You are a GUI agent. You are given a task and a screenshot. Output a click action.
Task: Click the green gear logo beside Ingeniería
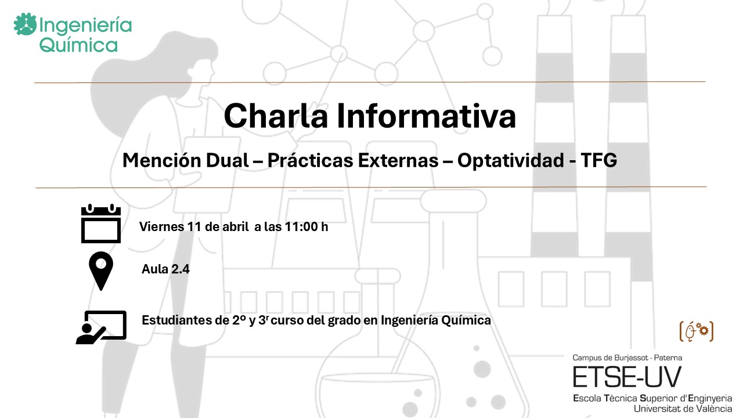pos(25,24)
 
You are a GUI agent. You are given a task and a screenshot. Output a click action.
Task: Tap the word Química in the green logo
pos(78,45)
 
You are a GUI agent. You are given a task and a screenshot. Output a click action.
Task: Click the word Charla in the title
pos(276,116)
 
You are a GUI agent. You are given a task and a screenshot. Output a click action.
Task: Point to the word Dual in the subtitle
pos(227,161)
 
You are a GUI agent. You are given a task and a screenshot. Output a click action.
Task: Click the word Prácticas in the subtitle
pos(311,161)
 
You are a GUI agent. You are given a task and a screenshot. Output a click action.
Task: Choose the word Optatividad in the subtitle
pos(511,161)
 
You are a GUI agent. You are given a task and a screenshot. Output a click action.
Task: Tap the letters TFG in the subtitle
pos(599,161)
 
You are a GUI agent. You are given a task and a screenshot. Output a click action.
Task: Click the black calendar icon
pos(101,224)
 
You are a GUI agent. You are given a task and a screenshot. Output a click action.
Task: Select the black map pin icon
pos(101,271)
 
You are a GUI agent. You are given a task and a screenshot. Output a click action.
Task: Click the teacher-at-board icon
pos(101,327)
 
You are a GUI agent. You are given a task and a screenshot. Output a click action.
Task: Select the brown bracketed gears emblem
pos(697,331)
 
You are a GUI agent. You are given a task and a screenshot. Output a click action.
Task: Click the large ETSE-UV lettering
pos(627,377)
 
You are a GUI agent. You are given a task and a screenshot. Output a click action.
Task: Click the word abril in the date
pos(236,227)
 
